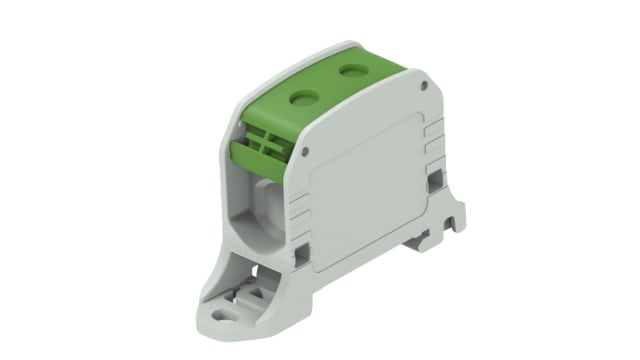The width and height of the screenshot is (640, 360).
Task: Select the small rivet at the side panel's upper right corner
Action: point(425,88)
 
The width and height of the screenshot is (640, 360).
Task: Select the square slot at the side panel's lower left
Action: point(299,256)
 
